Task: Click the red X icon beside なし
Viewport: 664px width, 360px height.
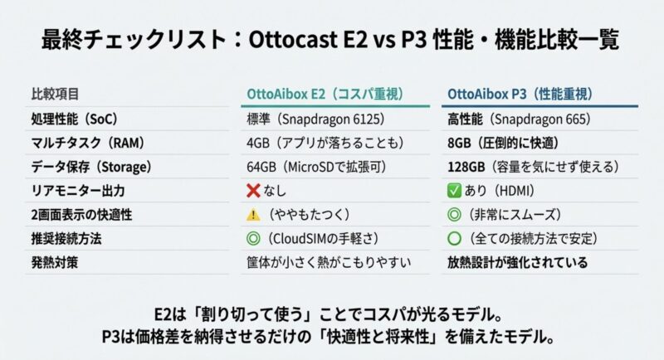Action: coord(253,191)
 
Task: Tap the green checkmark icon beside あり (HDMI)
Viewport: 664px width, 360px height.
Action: coord(454,191)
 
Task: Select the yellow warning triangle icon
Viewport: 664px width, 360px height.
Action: coord(253,215)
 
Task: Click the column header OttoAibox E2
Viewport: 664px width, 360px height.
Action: coord(325,94)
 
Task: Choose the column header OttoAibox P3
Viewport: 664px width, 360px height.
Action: coord(520,94)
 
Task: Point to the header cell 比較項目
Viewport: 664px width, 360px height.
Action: coord(55,94)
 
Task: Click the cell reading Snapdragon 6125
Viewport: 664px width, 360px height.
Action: coord(315,119)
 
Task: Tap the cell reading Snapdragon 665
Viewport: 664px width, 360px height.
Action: coord(519,119)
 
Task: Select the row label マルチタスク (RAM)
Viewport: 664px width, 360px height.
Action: coord(88,143)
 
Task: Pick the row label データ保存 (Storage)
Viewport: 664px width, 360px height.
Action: coord(91,167)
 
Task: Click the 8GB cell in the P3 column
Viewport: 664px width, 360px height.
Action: coord(503,143)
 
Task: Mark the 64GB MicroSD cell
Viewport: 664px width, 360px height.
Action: coord(317,167)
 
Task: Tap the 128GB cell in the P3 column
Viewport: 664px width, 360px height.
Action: coord(533,167)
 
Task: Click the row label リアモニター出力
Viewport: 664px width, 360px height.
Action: coord(78,191)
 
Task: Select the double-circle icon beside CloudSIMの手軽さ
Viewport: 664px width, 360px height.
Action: coord(253,239)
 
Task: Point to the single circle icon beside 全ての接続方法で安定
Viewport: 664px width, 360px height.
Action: coord(454,239)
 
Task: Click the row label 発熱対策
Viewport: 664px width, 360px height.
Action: coord(55,263)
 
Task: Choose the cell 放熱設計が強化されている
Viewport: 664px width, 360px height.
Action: coord(517,263)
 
